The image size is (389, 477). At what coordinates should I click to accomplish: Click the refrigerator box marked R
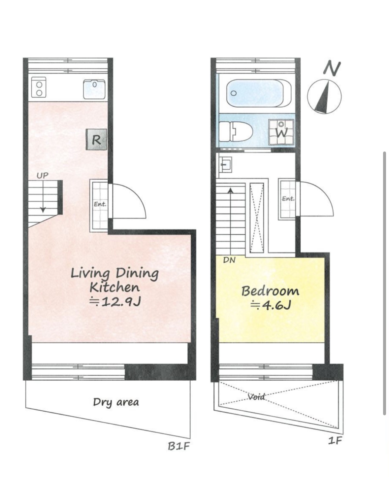pos(96,139)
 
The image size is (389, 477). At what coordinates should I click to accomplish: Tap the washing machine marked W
pos(281,132)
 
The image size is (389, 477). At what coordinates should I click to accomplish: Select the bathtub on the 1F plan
pos(259,93)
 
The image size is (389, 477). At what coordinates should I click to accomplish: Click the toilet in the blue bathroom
pos(235,132)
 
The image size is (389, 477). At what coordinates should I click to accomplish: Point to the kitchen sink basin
pos(94,89)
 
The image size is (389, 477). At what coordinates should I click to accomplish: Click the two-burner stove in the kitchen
pos(39,87)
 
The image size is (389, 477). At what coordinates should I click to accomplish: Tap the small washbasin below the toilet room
pos(225,164)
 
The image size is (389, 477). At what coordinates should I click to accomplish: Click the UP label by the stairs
pos(43,176)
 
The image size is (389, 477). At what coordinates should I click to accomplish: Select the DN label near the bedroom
pos(229,260)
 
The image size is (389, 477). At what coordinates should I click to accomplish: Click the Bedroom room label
pos(270,291)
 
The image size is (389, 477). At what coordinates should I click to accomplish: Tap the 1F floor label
pos(335,440)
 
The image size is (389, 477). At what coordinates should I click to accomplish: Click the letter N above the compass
pos(332,68)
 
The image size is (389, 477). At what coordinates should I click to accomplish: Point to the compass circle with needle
pos(324,96)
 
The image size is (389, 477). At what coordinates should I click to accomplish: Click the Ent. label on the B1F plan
pos(100,204)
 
